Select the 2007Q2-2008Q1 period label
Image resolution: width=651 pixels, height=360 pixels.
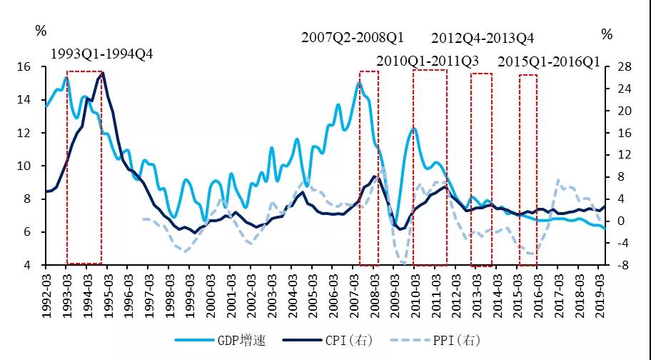point(353,36)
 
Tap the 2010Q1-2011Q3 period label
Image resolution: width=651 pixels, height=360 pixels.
point(427,60)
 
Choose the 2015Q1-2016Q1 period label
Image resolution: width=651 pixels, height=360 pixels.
point(548,61)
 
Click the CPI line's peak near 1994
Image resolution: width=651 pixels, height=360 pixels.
point(103,72)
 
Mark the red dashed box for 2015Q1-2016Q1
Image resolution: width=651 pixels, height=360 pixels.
point(528,169)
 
